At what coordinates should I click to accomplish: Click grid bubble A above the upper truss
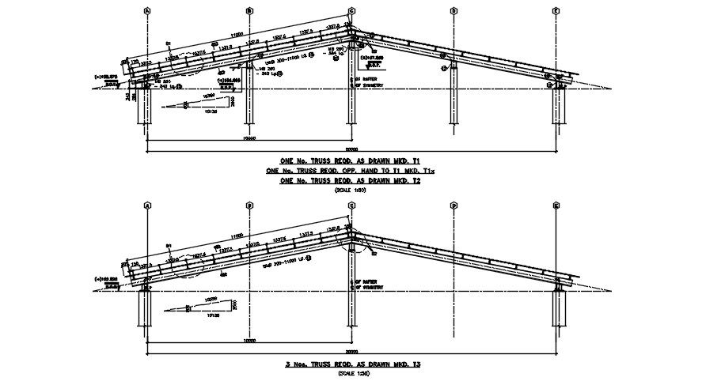tap(147, 11)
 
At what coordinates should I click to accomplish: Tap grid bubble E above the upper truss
tap(556, 11)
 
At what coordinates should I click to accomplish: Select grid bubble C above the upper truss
tap(351, 11)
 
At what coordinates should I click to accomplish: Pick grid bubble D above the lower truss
tap(454, 206)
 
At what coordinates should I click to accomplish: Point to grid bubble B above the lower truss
tap(249, 206)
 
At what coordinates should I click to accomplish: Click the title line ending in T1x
tap(351, 171)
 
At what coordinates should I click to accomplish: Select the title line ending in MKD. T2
tap(351, 181)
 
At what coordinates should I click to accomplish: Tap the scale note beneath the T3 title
tap(351, 372)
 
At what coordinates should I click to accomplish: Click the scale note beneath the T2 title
tap(351, 190)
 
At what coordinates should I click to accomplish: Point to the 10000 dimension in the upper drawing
tap(249, 139)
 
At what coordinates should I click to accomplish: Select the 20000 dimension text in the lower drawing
tap(351, 351)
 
